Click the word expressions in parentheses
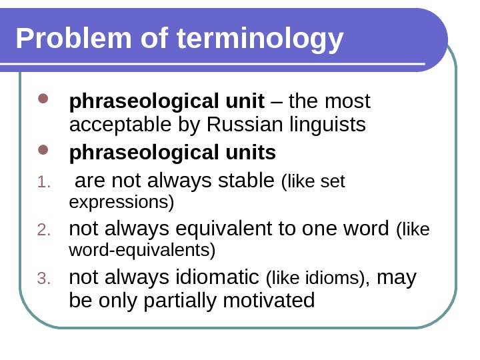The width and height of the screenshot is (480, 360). tap(121, 201)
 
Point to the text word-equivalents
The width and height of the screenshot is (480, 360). tap(141, 250)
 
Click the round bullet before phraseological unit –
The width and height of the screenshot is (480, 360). tap(44, 103)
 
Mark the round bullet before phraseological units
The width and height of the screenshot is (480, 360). tap(44, 153)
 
